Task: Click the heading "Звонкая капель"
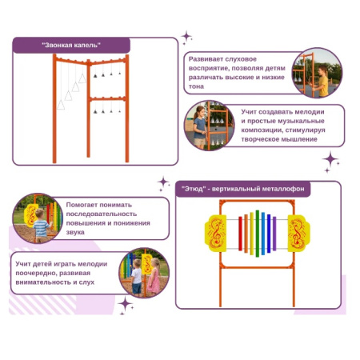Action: (x=71, y=45)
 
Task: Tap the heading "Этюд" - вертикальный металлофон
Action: (x=242, y=189)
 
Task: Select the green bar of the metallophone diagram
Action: (x=258, y=234)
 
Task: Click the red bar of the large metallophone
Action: (x=240, y=234)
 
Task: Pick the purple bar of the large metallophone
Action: (x=274, y=234)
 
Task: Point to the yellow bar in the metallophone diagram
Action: (x=252, y=234)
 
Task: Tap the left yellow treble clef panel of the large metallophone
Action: (x=215, y=234)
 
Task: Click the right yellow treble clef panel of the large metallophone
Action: (x=299, y=234)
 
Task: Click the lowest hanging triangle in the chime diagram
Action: (x=61, y=105)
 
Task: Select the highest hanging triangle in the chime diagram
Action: (x=82, y=78)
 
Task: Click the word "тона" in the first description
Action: (x=196, y=86)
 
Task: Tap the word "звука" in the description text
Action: (x=75, y=232)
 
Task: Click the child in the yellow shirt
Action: (x=322, y=82)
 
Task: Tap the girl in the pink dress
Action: (x=154, y=276)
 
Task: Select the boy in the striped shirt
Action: (x=41, y=226)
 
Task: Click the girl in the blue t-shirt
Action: (x=200, y=127)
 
